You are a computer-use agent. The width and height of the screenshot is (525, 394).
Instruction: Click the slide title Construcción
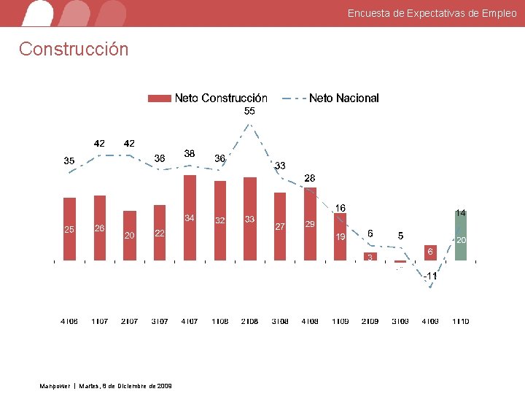point(74,49)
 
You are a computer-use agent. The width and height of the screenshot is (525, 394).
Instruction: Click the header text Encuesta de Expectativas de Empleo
point(432,13)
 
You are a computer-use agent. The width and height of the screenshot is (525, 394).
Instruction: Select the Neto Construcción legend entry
point(208,98)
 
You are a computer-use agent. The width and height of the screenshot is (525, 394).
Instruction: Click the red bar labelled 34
point(190,217)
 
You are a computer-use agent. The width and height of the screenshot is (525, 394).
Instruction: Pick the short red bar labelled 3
point(370,257)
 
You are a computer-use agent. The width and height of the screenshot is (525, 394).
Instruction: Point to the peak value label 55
point(249,112)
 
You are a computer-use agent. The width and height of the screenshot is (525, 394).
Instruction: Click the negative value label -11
point(430,276)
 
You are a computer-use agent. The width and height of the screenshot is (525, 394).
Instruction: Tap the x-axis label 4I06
point(69,321)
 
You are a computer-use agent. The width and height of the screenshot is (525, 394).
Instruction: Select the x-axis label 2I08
point(249,321)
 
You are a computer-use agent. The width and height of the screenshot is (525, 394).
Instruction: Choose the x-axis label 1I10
point(460,321)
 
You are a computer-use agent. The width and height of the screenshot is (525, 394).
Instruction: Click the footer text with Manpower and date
point(106,385)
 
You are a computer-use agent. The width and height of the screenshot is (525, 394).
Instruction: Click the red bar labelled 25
point(69,229)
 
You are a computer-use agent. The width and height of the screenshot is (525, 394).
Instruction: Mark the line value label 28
point(310,178)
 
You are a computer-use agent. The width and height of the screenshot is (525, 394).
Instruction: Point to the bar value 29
point(310,225)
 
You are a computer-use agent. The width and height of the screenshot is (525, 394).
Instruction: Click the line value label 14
point(460,213)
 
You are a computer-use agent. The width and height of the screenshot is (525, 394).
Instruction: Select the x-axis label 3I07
point(160,321)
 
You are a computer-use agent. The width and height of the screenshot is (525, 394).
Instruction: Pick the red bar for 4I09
point(430,252)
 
